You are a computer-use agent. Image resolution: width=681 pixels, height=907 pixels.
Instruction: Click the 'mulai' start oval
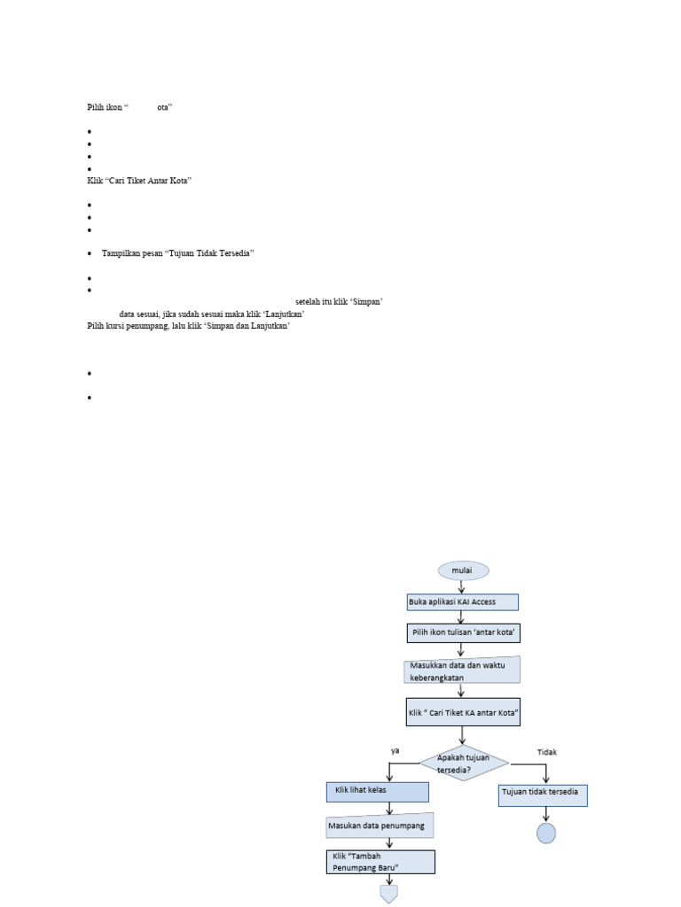[462, 570]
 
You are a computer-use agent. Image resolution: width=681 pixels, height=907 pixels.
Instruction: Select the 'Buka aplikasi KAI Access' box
[462, 602]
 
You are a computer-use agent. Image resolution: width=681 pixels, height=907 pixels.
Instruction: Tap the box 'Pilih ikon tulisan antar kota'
[462, 633]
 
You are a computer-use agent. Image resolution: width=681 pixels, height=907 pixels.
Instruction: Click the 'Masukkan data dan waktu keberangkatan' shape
[461, 671]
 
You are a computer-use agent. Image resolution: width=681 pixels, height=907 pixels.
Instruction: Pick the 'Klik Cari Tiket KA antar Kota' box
[462, 712]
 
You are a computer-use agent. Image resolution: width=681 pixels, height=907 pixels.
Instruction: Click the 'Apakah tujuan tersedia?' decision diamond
[463, 763]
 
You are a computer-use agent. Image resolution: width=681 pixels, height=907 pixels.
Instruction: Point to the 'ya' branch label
[395, 750]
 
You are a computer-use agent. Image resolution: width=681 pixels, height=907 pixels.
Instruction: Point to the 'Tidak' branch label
[547, 752]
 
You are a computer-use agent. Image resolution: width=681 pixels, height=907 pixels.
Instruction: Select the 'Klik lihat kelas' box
[377, 791]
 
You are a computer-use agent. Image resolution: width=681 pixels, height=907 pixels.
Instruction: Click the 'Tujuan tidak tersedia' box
[544, 795]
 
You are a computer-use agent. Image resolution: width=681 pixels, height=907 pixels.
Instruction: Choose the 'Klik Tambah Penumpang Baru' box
[380, 862]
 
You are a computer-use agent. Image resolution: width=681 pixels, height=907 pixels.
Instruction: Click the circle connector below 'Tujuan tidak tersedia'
[546, 833]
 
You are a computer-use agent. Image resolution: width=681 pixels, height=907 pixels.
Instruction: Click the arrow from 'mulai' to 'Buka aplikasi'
[462, 586]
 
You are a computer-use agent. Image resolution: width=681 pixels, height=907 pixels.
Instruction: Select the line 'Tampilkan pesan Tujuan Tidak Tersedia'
[178, 253]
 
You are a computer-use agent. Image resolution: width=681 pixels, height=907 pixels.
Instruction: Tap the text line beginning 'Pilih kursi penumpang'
[189, 326]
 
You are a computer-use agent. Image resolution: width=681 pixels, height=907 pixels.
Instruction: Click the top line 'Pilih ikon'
[129, 106]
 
